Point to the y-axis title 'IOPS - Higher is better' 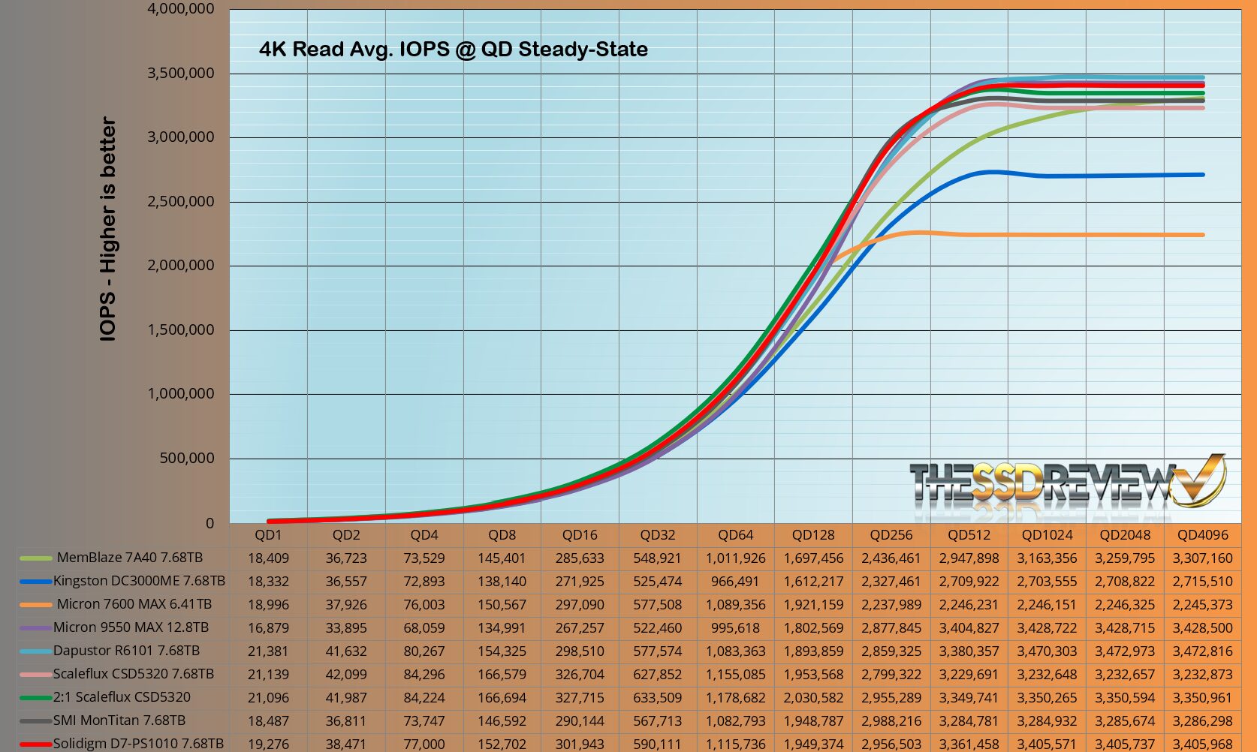(108, 229)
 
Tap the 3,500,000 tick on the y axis (180, 74)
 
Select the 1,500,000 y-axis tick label (180, 329)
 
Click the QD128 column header (813, 535)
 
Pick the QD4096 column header (1202, 535)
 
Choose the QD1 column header (268, 535)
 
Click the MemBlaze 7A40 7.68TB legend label (130, 558)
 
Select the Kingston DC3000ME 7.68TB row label (139, 581)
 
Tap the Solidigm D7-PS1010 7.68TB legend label (138, 743)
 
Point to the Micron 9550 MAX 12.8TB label (131, 627)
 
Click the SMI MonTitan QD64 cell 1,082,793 (735, 720)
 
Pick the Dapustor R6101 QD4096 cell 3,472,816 (1202, 651)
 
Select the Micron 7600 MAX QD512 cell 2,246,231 (969, 604)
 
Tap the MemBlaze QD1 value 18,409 (268, 558)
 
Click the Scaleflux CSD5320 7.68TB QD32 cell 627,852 (657, 674)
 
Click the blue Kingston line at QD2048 (1125, 176)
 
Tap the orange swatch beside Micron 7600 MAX (35, 605)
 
